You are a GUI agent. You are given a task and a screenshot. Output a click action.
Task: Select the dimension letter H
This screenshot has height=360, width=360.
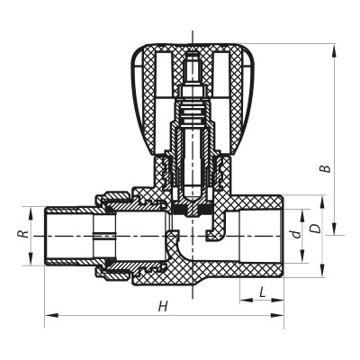tap(162, 307)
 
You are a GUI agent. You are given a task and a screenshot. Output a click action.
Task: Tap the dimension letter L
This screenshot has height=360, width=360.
tap(261, 292)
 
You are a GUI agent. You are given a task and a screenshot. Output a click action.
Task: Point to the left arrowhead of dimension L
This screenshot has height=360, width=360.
tap(244, 299)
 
